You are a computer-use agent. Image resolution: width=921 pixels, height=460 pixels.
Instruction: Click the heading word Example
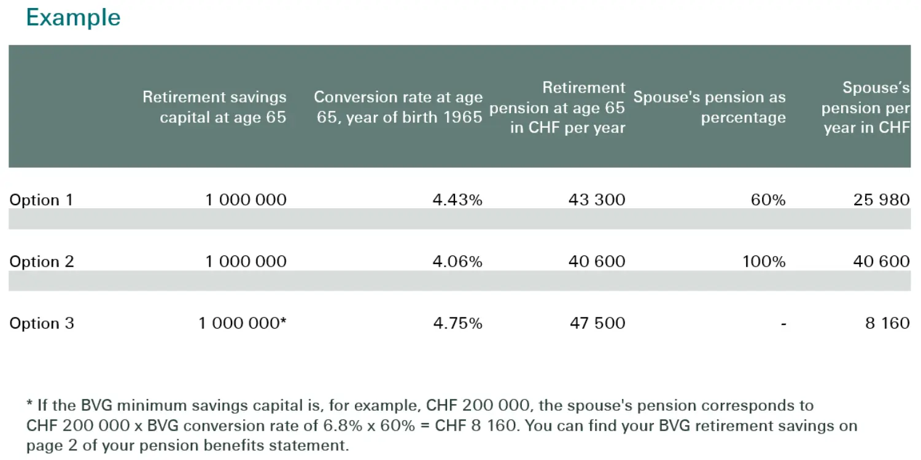(x=73, y=18)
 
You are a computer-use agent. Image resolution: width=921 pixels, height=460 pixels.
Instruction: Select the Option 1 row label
(x=41, y=200)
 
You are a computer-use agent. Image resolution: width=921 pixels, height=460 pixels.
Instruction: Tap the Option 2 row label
(x=42, y=262)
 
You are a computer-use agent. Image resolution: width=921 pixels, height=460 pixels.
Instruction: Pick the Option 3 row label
(x=42, y=323)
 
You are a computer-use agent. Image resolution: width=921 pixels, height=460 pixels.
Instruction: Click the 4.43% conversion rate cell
(x=457, y=200)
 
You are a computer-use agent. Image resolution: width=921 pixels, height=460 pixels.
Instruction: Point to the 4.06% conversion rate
(x=457, y=261)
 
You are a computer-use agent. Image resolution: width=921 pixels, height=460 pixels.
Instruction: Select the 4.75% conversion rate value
(x=457, y=323)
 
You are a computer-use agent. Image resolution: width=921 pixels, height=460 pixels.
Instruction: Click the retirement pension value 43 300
(x=597, y=200)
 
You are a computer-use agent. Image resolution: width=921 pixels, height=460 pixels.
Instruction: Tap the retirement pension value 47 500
(x=597, y=323)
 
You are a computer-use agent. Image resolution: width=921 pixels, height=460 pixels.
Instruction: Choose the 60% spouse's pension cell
(x=768, y=200)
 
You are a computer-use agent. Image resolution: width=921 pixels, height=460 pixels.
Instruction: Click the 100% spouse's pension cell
(x=764, y=261)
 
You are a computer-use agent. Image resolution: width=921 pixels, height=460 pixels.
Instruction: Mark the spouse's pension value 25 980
(x=881, y=200)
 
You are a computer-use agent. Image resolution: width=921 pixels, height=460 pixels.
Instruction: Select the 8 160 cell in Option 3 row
(x=887, y=323)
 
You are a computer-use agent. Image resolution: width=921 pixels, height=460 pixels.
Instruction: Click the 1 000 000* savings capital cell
(x=243, y=323)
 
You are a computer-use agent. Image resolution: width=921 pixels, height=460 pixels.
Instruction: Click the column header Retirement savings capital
(x=215, y=107)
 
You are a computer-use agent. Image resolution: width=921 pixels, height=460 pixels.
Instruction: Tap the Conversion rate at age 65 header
(x=398, y=107)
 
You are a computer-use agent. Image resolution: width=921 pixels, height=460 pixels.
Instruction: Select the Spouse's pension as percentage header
(x=710, y=107)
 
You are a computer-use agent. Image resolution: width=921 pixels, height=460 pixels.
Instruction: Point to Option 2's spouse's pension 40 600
(x=881, y=261)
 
